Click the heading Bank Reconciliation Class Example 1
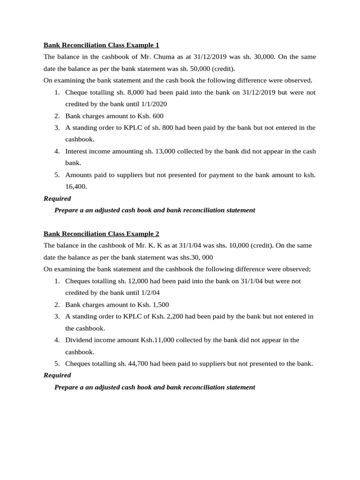(x=101, y=45)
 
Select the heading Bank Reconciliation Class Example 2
(x=101, y=233)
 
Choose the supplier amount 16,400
(x=76, y=186)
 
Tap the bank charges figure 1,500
(x=160, y=304)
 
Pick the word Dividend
(x=79, y=340)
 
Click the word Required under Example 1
(x=57, y=198)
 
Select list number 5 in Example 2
(x=57, y=363)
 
